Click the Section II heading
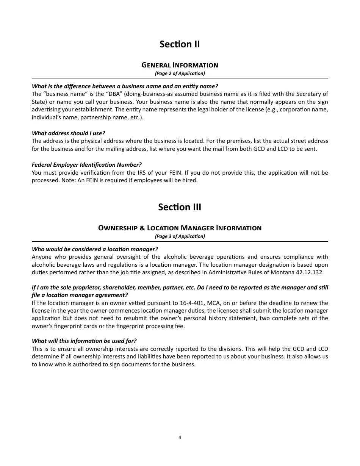click(x=180, y=44)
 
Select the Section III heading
click(x=180, y=207)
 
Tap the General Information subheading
click(x=180, y=65)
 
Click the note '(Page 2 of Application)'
click(x=180, y=73)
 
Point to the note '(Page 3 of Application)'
click(x=180, y=236)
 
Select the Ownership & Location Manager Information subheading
click(x=180, y=228)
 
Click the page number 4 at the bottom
click(x=180, y=438)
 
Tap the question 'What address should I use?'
click(x=68, y=133)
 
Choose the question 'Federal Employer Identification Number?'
click(x=86, y=164)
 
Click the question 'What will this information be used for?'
click(x=84, y=341)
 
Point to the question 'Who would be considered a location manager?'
click(x=95, y=249)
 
